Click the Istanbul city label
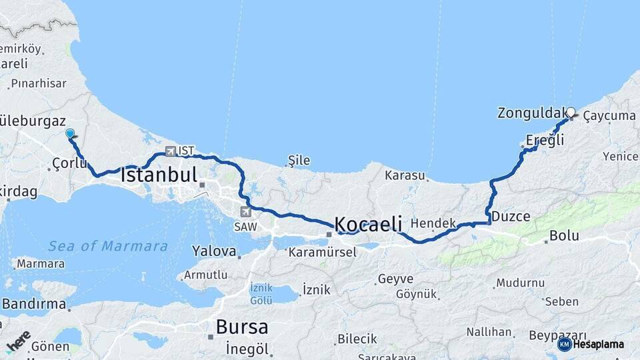(x=159, y=176)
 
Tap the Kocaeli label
(x=369, y=224)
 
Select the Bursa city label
(x=241, y=327)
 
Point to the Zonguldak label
(x=531, y=113)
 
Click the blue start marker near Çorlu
(x=70, y=133)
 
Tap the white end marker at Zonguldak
(x=571, y=112)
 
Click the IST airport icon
(x=170, y=151)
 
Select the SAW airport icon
(x=246, y=212)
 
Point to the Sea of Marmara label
(x=108, y=246)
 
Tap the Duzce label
(x=511, y=217)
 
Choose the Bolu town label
(x=564, y=236)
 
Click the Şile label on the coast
(x=299, y=160)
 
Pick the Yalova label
(x=214, y=251)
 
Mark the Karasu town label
(x=405, y=175)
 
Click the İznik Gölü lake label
(x=261, y=294)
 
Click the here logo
(x=18, y=341)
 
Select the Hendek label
(x=433, y=223)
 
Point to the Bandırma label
(x=34, y=305)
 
